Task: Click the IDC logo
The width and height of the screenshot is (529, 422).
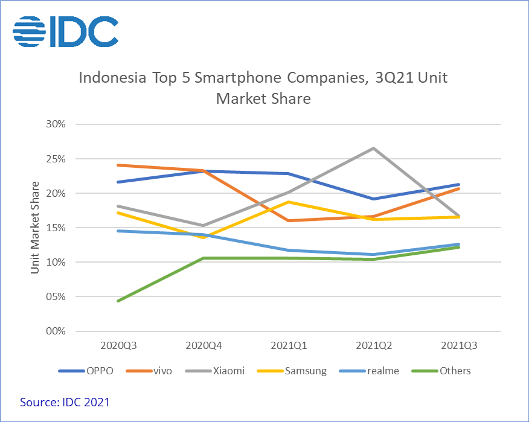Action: tap(65, 31)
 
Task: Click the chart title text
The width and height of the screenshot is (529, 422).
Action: tap(263, 88)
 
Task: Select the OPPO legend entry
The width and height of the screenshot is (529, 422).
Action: tap(86, 371)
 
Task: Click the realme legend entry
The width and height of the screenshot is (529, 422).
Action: tap(369, 371)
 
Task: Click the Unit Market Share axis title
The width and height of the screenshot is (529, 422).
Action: tap(35, 227)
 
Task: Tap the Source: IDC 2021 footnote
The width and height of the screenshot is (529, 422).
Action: tap(65, 401)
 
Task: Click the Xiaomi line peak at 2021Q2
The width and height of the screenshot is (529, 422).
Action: tap(374, 149)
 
